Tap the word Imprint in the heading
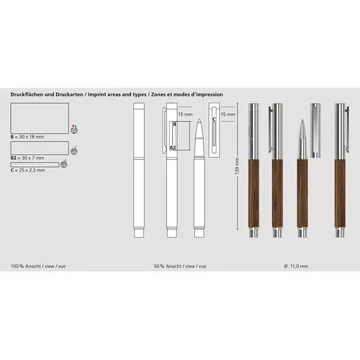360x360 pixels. [x=99, y=94]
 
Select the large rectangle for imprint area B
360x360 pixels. [x=40, y=118]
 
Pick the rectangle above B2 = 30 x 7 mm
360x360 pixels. [x=40, y=148]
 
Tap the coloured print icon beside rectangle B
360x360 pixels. [x=73, y=130]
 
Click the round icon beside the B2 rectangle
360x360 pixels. [x=73, y=151]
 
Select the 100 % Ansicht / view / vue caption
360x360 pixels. [x=37, y=266]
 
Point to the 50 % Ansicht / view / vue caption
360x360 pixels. [x=181, y=266]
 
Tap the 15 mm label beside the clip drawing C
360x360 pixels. [x=228, y=114]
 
